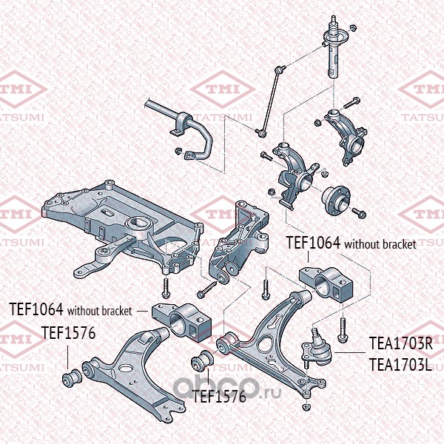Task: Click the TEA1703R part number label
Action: (x=401, y=343)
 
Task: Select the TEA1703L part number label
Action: (x=400, y=364)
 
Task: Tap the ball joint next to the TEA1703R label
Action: (x=316, y=348)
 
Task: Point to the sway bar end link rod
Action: (x=270, y=101)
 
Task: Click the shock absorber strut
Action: (x=334, y=47)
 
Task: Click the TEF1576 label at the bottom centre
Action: (x=219, y=397)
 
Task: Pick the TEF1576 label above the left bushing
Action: (x=68, y=333)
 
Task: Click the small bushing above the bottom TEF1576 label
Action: (x=202, y=360)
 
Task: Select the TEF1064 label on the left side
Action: (x=36, y=309)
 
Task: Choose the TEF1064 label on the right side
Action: (x=313, y=243)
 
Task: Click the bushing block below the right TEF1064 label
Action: (x=326, y=283)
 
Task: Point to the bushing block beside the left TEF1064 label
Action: (x=182, y=322)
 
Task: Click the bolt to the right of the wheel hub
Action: (x=359, y=212)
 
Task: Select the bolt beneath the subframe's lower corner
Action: (x=166, y=288)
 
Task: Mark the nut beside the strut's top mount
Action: (x=353, y=27)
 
